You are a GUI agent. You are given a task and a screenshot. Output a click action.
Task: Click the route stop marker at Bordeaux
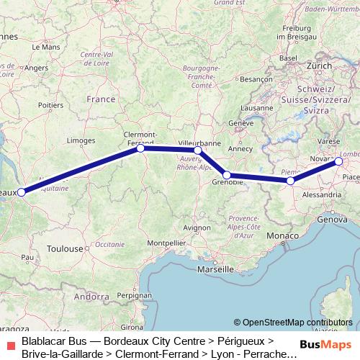[x=22, y=192]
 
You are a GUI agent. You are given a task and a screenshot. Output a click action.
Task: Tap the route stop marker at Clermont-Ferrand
[x=141, y=148]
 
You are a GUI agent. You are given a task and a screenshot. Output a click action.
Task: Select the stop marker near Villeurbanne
[x=198, y=150]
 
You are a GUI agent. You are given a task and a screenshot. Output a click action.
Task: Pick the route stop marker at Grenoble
[x=227, y=175]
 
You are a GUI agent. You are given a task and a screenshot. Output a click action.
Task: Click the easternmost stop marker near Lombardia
[x=338, y=161]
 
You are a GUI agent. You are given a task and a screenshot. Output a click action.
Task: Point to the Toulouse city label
[x=65, y=248]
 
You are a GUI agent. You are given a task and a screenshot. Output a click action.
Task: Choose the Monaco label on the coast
[x=280, y=236]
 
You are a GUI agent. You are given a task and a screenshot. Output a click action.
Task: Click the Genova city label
[x=331, y=218]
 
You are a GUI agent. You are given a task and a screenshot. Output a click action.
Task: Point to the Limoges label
[x=80, y=140]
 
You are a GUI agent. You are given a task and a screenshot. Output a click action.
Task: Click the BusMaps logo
[x=325, y=343]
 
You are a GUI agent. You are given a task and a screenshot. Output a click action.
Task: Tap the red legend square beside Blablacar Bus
[x=11, y=344]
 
